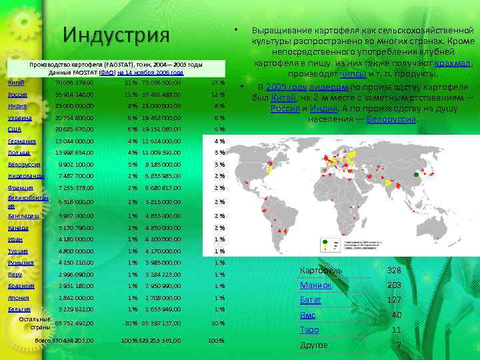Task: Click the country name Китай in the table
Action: point(17,83)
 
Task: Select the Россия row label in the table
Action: point(18,95)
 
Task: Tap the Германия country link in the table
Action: point(22,141)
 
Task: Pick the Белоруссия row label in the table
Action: point(25,164)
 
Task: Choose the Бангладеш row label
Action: point(24,216)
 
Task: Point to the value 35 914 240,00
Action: point(75,95)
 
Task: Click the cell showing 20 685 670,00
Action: point(75,129)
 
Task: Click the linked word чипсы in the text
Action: point(352,74)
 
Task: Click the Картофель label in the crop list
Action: point(321,270)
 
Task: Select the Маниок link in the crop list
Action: point(316,285)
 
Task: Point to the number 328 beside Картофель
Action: point(394,270)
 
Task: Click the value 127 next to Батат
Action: point(394,300)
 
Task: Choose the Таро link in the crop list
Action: point(309,329)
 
